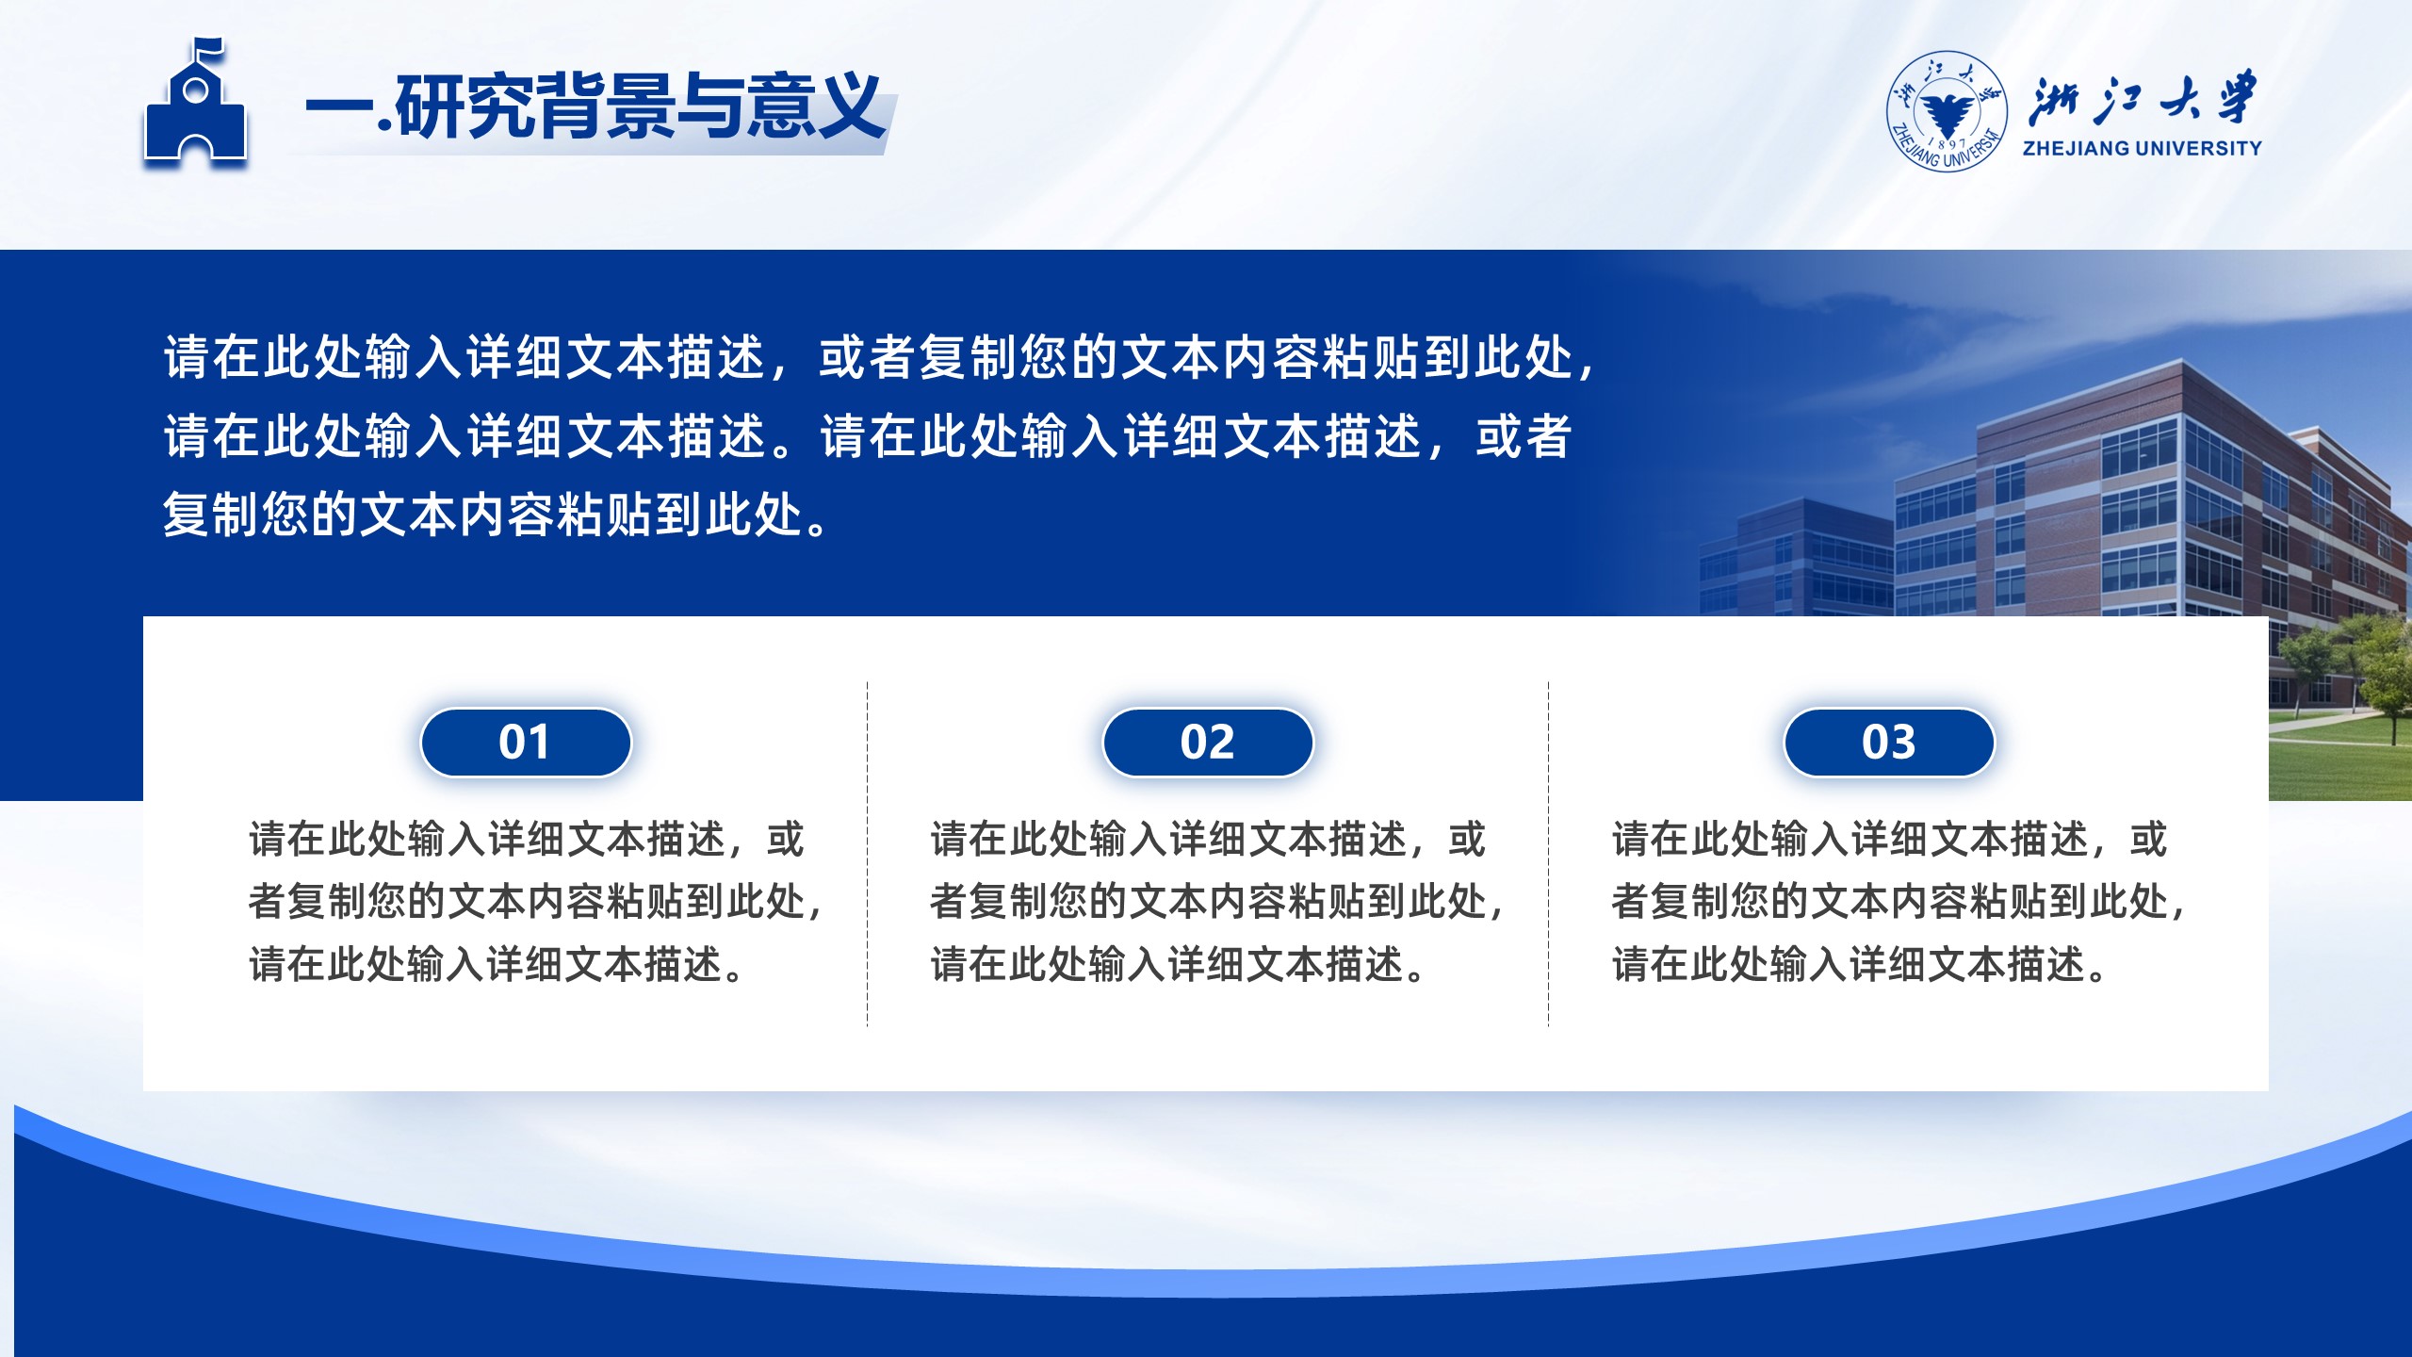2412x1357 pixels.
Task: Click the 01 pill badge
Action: click(526, 743)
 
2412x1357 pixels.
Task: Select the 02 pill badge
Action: click(1207, 743)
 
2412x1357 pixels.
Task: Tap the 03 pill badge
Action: click(1889, 743)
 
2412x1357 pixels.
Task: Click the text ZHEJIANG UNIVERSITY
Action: click(2142, 148)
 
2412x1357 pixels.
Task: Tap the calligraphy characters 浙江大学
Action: click(2143, 99)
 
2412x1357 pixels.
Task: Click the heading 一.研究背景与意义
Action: click(594, 106)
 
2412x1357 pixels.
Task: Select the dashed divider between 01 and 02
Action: click(867, 854)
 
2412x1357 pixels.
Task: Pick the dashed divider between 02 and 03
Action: click(1548, 854)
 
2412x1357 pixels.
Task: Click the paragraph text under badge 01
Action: click(535, 902)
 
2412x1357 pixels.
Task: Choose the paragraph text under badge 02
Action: click(1216, 902)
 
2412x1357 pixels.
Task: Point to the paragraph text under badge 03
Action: click(1898, 902)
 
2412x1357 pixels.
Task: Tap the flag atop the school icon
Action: click(207, 49)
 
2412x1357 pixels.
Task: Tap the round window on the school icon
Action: click(195, 90)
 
